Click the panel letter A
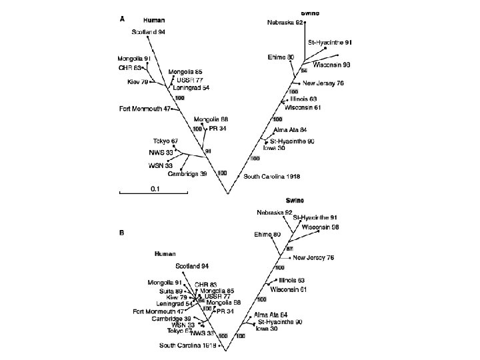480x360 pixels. (122, 19)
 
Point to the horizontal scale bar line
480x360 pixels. (153, 194)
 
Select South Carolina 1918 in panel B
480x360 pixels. (187, 345)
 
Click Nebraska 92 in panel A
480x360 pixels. (285, 22)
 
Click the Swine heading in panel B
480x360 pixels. (295, 201)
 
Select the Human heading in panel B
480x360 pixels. (165, 253)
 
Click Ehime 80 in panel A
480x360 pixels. (281, 57)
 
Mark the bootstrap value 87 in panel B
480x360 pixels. (281, 249)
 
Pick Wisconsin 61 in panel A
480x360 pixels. (303, 107)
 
